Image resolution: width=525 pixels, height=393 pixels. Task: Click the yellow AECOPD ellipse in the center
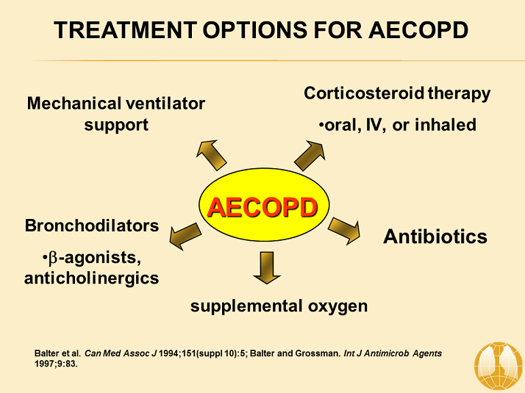click(262, 208)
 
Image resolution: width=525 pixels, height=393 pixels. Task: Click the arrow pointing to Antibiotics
click(343, 230)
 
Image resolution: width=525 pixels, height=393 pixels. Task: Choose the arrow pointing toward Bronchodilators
click(185, 236)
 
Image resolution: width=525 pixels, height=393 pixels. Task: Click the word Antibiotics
click(435, 237)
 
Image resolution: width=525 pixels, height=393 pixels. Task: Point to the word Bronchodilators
click(92, 226)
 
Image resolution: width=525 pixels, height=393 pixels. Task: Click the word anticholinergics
click(92, 278)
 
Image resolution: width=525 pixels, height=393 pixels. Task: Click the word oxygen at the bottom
click(337, 306)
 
